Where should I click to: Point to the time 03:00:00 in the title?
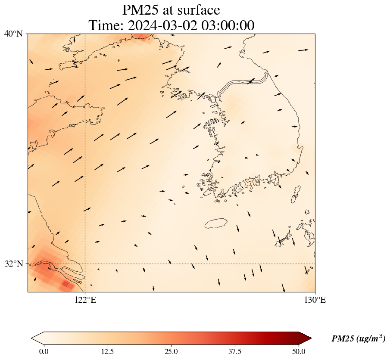(x=227, y=25)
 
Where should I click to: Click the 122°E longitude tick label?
(x=85, y=300)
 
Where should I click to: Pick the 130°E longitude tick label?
(x=315, y=300)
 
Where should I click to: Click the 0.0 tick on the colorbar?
(x=44, y=351)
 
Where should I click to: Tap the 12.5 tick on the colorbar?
(x=107, y=351)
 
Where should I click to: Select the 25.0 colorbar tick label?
(x=172, y=351)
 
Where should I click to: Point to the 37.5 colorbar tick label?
(x=235, y=351)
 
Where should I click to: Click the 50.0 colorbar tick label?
(x=299, y=351)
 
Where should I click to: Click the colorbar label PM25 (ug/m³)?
(x=358, y=339)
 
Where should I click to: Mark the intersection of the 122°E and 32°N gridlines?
(x=85, y=264)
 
